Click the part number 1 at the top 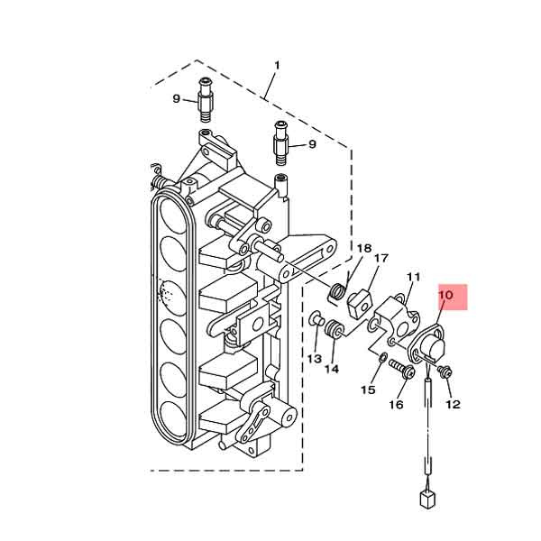277,65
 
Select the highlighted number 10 446,295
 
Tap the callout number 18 363,248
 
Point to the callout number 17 381,259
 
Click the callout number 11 414,277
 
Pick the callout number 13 314,359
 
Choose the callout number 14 332,368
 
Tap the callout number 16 396,405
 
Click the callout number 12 453,405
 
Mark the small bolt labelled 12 445,371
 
